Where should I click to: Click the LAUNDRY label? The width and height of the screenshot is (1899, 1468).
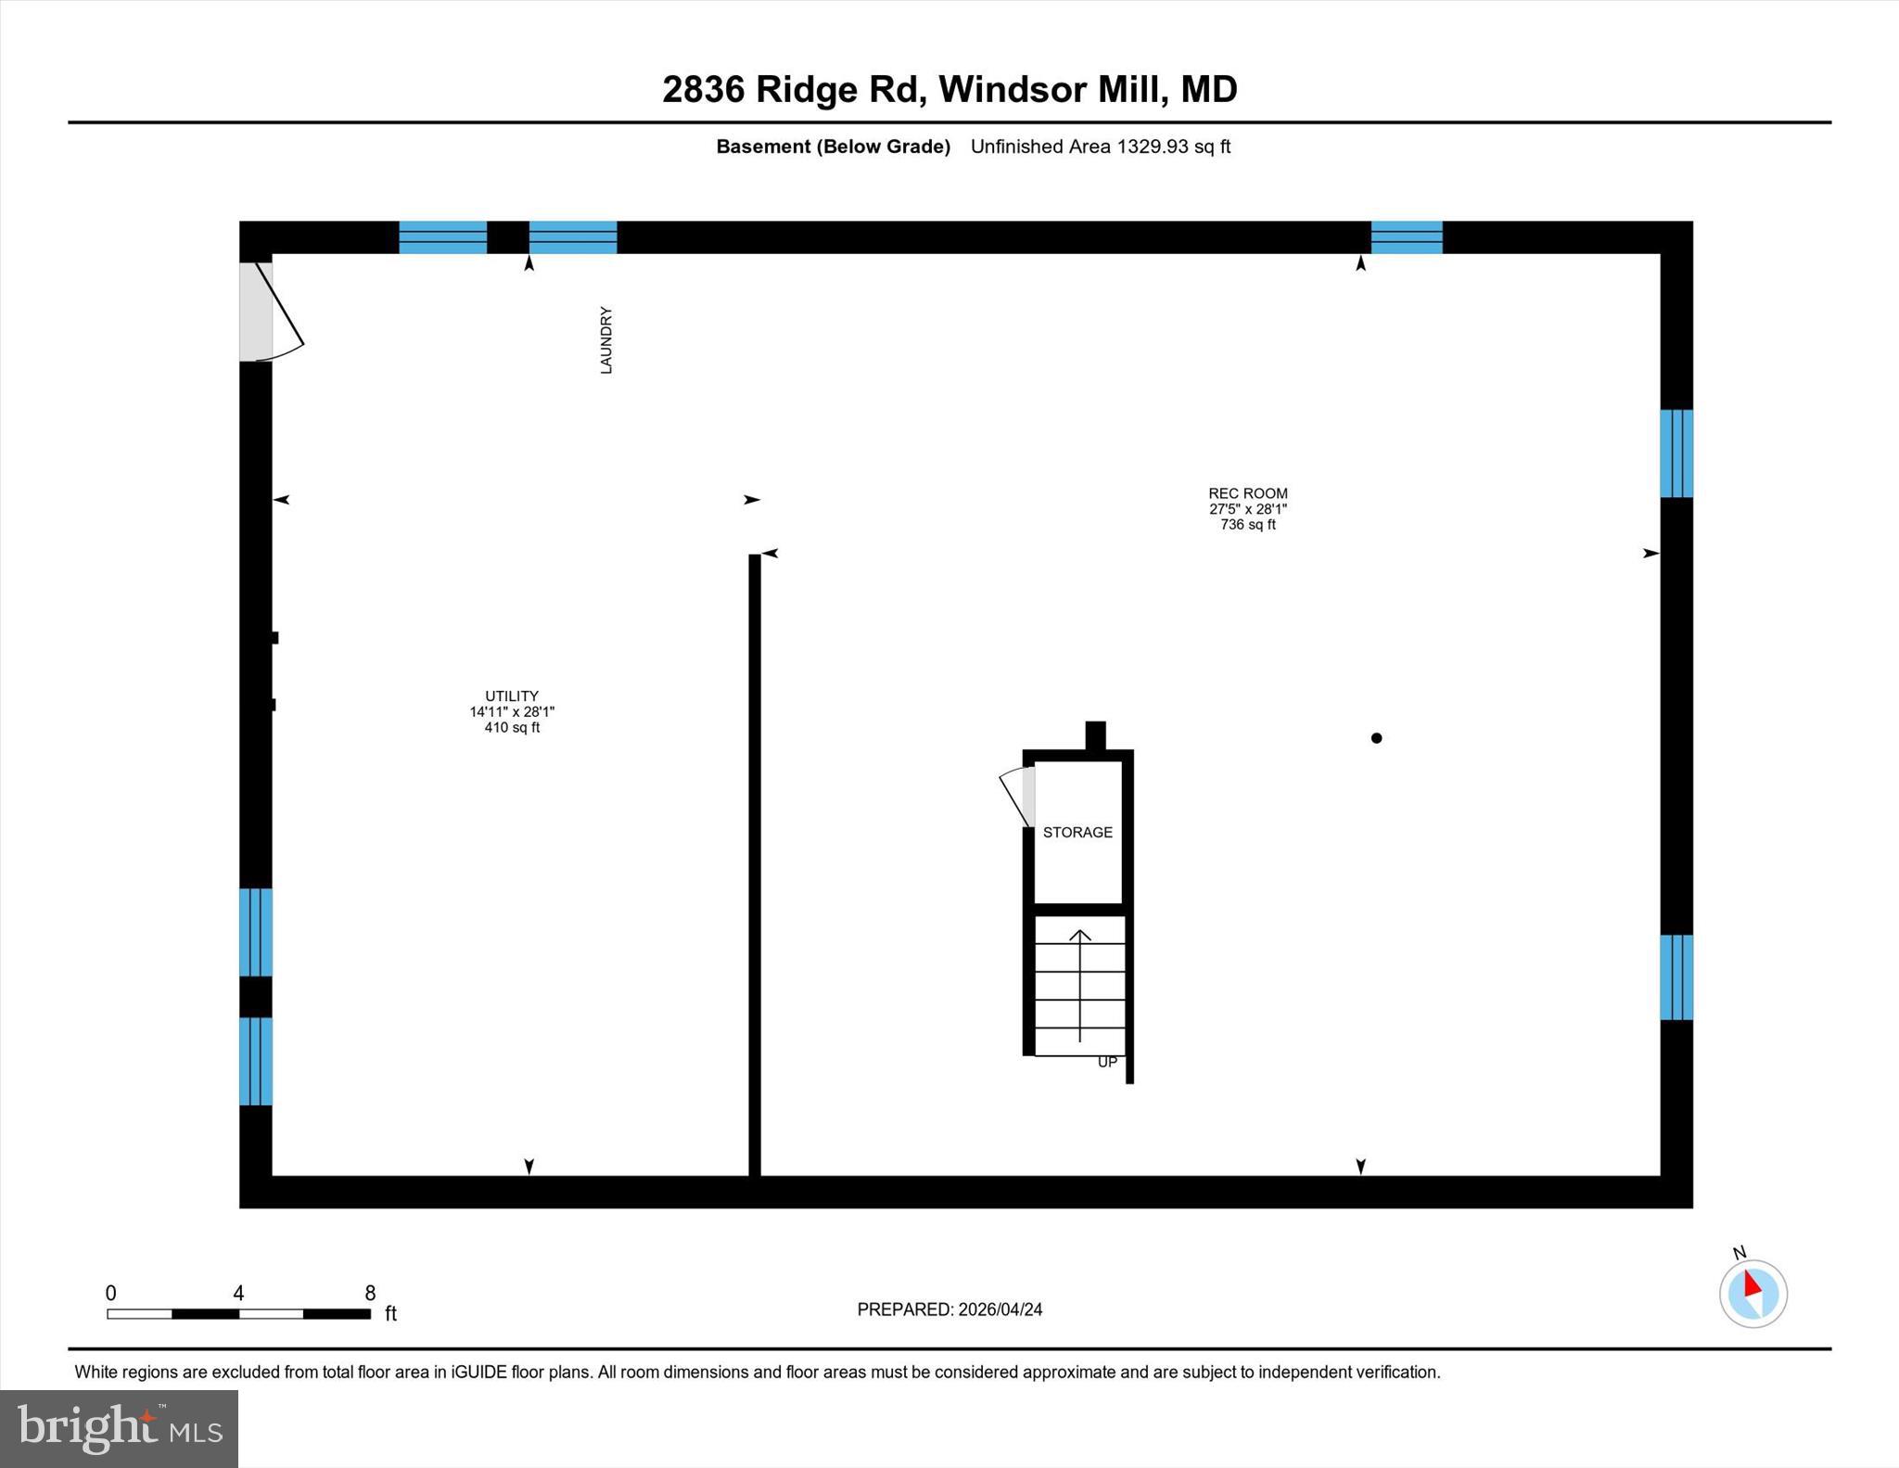click(x=605, y=340)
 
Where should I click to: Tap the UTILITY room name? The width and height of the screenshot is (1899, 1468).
click(x=511, y=696)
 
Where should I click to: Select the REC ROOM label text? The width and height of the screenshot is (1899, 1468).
click(x=1247, y=493)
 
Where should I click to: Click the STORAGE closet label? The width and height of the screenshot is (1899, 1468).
click(x=1077, y=832)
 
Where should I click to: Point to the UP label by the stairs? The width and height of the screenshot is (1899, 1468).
click(x=1107, y=1062)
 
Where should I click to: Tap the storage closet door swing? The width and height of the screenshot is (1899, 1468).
click(x=1016, y=797)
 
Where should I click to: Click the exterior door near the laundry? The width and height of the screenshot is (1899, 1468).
click(x=269, y=313)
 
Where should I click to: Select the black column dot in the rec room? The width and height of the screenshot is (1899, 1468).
click(x=1376, y=738)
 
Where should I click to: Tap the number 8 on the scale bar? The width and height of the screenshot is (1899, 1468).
click(x=370, y=1293)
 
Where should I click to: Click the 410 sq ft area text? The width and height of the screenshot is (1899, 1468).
click(x=511, y=728)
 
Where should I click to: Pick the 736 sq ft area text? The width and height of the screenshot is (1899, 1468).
click(x=1247, y=525)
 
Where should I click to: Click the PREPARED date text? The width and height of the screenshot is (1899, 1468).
click(x=949, y=1309)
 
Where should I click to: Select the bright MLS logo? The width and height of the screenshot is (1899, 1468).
click(x=119, y=1428)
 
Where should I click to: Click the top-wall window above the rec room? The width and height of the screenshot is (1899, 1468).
click(x=1406, y=237)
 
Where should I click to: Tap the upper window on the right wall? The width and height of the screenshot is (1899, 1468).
click(x=1676, y=453)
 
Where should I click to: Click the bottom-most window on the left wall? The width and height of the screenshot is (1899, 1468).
click(x=256, y=1061)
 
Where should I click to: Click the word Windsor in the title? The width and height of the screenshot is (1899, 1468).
click(x=1013, y=90)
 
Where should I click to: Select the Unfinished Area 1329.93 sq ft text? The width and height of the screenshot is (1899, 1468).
click(x=1100, y=147)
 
